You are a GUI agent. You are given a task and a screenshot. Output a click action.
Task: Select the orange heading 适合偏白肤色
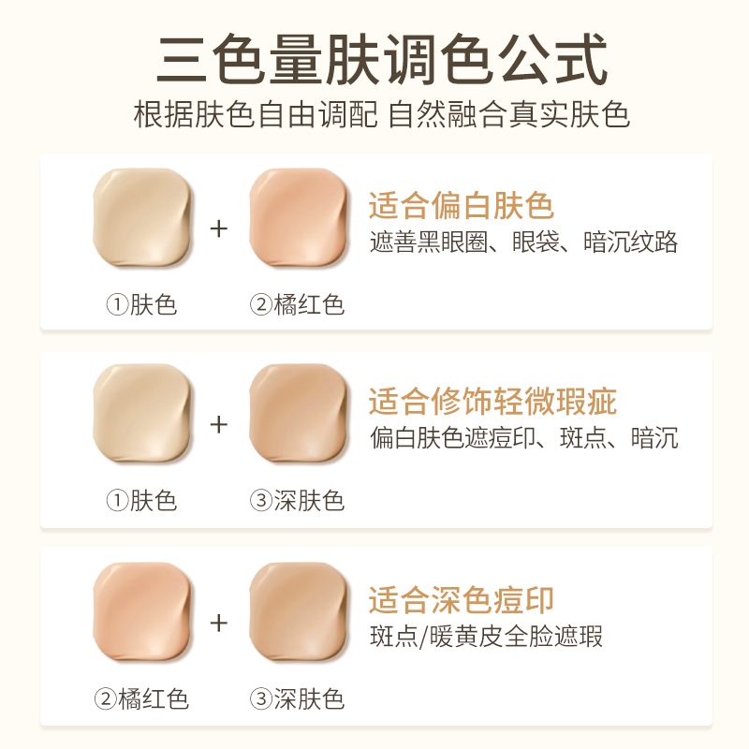pos(461,206)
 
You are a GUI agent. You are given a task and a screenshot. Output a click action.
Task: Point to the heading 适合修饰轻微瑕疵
pos(492,403)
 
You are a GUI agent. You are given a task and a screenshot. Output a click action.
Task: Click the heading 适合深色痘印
pos(461,599)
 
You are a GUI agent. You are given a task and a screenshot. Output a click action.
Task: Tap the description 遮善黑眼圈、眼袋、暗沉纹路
pos(523,242)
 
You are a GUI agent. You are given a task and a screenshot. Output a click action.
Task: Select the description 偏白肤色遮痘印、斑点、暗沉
pos(523,438)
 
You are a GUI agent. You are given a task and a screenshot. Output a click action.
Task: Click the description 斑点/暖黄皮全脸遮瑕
pos(486,637)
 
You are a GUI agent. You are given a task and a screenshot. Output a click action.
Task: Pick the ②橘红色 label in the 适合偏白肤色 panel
pos(297,304)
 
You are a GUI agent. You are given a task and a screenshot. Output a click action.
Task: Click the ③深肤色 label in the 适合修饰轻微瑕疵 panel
pos(297,501)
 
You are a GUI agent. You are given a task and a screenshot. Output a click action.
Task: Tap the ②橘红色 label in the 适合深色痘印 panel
pos(141,698)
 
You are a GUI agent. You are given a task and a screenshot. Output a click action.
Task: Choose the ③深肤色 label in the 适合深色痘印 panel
pos(297,698)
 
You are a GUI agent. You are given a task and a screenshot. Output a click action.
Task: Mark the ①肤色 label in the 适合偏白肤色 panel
pos(141,304)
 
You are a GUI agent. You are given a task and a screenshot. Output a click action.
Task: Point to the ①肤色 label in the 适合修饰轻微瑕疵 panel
pos(141,501)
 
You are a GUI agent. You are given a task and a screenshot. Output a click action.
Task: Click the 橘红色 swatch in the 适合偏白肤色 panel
pos(298,218)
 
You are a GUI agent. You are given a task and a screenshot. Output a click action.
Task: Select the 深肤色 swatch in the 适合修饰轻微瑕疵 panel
pos(298,415)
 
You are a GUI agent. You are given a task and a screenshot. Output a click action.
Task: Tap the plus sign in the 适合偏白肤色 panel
pos(219,228)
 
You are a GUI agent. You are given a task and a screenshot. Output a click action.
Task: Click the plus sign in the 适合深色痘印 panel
pos(219,622)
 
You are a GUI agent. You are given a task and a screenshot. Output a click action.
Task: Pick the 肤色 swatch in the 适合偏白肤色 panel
pos(142,218)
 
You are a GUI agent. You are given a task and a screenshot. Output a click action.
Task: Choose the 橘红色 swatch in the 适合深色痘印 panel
pos(142,611)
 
